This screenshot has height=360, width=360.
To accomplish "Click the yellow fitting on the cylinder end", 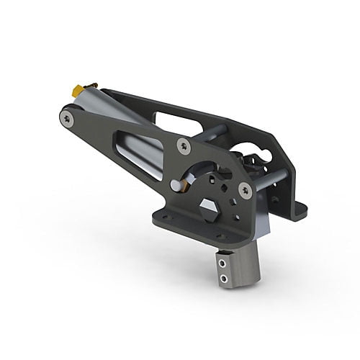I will [75, 90].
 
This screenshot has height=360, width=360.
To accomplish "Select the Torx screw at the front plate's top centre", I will [184, 145].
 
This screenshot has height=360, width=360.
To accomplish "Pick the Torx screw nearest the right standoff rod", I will [245, 190].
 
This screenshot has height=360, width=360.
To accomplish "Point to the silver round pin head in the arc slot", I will [175, 186].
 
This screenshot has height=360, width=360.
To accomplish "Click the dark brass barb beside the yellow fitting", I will [84, 85].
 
